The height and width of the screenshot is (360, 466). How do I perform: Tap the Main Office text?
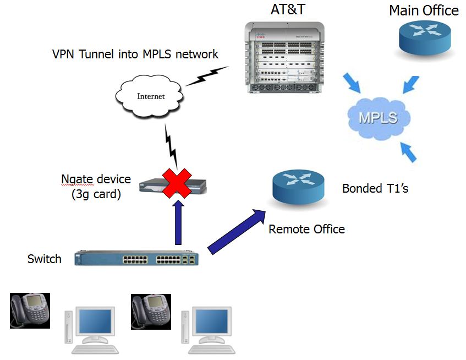coord(424,10)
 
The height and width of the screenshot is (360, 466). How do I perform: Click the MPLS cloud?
coord(380,117)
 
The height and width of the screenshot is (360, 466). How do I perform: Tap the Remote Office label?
coord(306,228)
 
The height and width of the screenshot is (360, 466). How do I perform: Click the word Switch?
coord(45,259)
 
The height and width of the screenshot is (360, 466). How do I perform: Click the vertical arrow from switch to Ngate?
coord(177,223)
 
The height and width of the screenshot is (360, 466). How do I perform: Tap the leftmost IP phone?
coord(30,310)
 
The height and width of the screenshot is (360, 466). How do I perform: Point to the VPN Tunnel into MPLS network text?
coord(135,54)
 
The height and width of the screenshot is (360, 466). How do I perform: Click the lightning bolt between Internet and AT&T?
coord(207,77)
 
